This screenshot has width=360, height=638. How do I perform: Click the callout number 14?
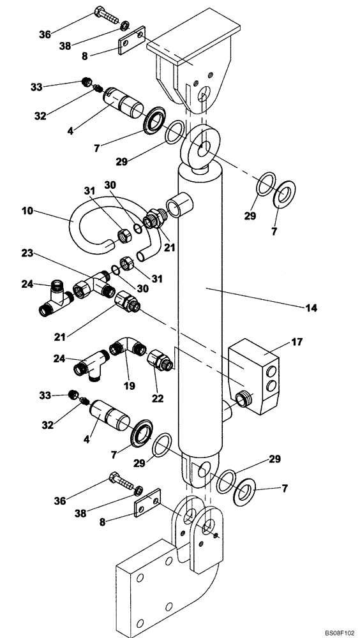[x=311, y=307]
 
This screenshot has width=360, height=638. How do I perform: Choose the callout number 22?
[x=157, y=399]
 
